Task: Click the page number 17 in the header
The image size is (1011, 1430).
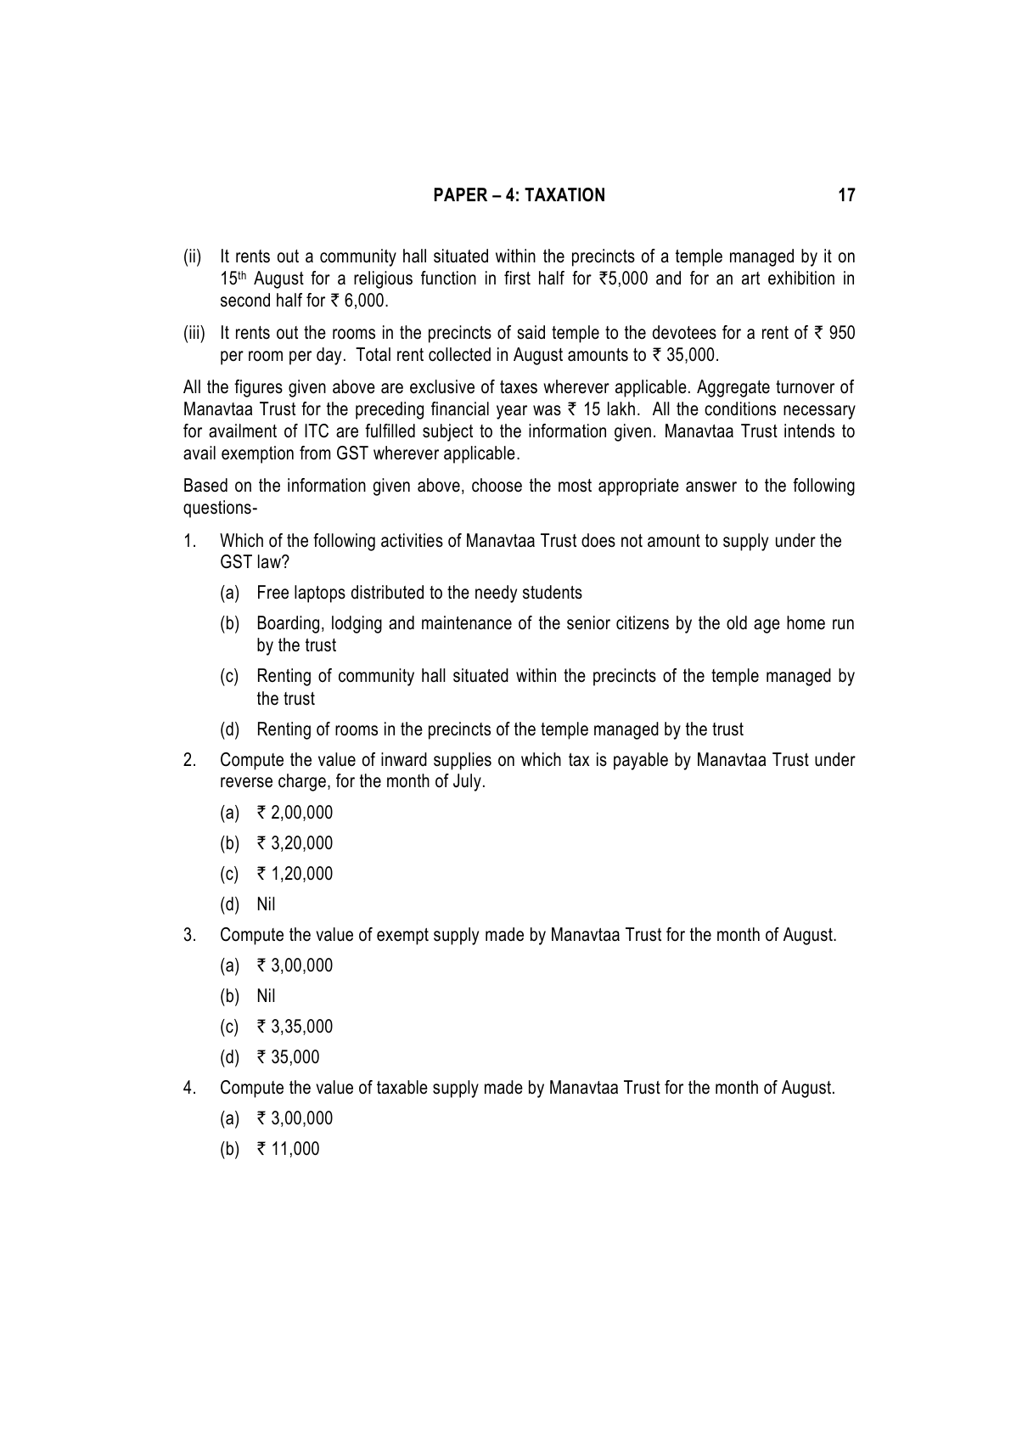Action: point(846,195)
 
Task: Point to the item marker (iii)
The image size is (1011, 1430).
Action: point(194,333)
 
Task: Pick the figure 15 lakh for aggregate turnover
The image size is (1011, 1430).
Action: point(602,409)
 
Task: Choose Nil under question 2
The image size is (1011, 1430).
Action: point(266,904)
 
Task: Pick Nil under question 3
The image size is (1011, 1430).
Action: point(266,996)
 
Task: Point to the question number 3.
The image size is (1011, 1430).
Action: point(189,935)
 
